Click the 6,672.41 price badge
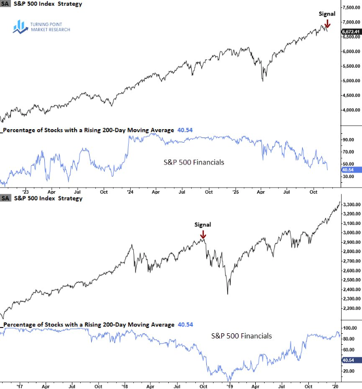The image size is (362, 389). (x=351, y=32)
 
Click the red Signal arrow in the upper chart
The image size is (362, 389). (x=327, y=23)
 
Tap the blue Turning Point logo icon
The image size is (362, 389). (x=21, y=27)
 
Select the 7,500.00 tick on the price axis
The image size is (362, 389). (x=351, y=7)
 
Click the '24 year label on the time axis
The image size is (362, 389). (x=129, y=192)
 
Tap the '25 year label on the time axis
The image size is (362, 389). (x=234, y=192)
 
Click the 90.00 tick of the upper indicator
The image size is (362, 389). (x=348, y=140)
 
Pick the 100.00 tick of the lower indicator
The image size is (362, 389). (x=349, y=328)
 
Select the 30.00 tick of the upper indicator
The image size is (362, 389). (x=348, y=177)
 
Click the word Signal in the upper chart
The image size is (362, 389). (x=327, y=14)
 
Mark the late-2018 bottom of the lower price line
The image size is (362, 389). (x=228, y=294)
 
